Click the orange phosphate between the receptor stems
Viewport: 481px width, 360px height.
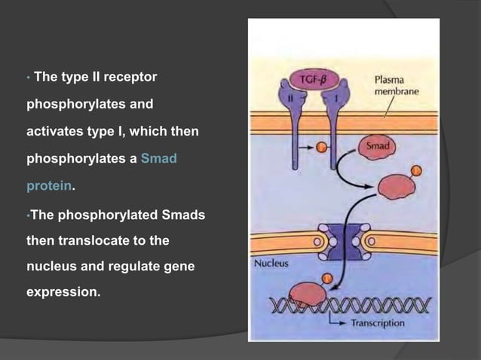pos(299,145)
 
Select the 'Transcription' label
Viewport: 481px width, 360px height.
pos(377,323)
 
